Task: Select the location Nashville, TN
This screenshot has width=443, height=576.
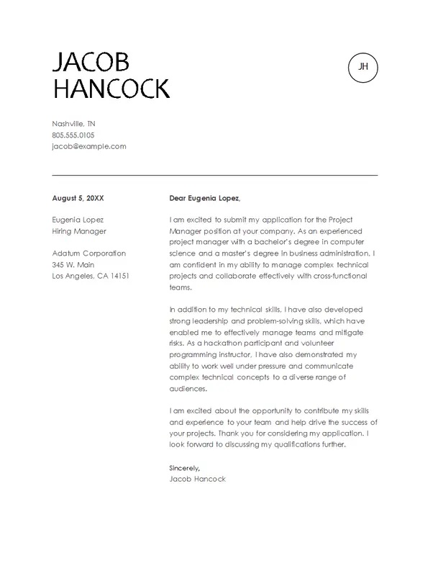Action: pos(74,124)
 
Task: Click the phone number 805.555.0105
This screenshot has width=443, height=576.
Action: pos(73,135)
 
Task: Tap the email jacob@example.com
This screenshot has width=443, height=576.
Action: pos(89,146)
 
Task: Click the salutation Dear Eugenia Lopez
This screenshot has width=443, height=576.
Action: pos(205,198)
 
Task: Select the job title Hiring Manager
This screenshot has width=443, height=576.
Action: pos(79,231)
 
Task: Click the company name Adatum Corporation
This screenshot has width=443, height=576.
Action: pos(89,253)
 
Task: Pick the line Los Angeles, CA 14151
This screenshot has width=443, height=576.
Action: pos(91,276)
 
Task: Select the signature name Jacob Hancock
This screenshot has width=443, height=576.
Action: pos(197,479)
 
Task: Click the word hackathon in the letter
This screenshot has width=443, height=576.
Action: pos(222,344)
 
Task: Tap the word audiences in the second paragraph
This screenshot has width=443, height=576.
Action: pos(188,389)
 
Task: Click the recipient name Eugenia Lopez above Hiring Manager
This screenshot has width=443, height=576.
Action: pos(78,220)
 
